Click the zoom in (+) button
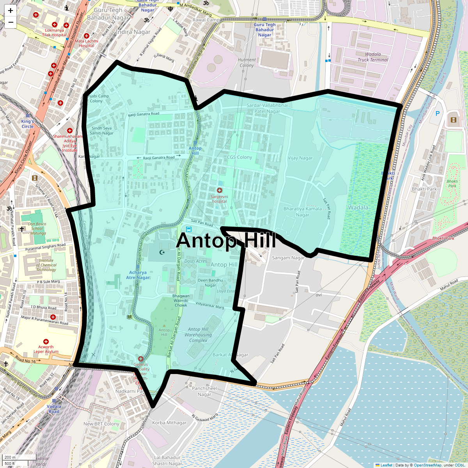[11, 11]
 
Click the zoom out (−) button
[11, 22]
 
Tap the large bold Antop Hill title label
[226, 241]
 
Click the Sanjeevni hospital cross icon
[220, 190]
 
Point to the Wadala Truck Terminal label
[373, 57]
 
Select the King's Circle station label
[28, 124]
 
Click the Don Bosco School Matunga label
[37, 229]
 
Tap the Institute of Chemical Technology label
[46, 265]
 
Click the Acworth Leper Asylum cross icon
[46, 342]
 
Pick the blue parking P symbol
[438, 113]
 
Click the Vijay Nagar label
[300, 158]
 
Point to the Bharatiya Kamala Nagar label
[303, 212]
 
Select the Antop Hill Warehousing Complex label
[198, 335]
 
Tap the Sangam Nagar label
[288, 258]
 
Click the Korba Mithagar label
[169, 423]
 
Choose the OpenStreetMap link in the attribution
[427, 465]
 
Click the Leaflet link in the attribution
[386, 465]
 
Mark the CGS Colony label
[239, 157]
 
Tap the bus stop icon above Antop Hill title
[189, 230]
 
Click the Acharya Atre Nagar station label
[138, 275]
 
